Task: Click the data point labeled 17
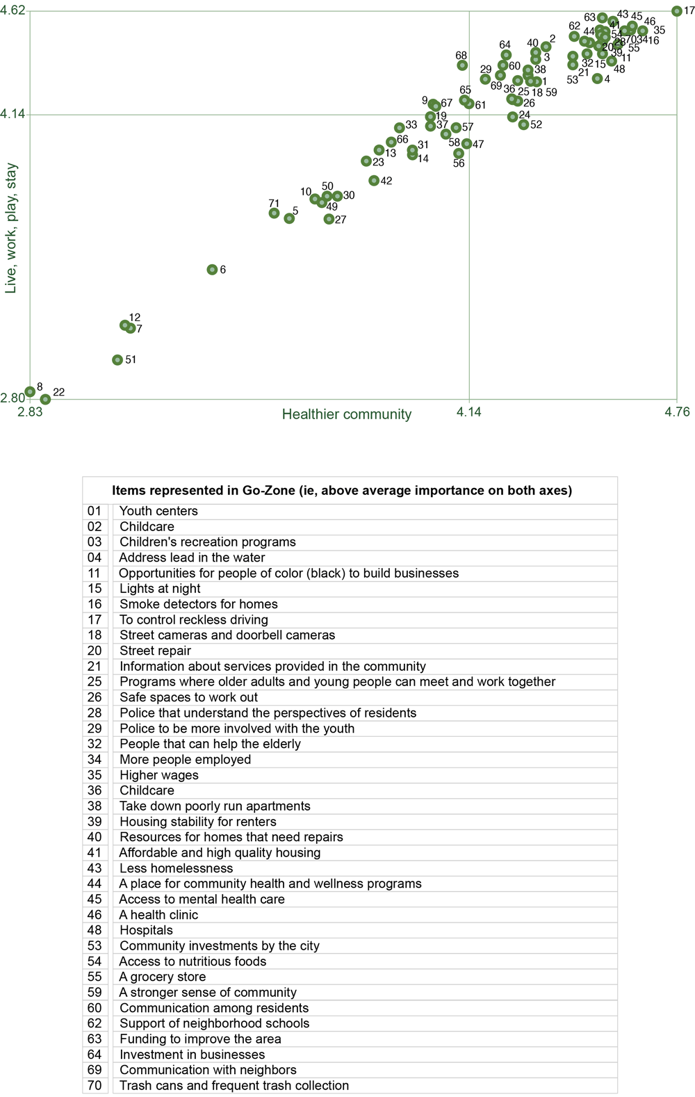676,11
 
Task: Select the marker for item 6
212,270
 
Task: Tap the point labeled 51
117,360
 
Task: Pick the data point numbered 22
45,400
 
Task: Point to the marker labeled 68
462,65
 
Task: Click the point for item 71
275,213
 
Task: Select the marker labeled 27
329,220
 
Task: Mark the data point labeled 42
374,181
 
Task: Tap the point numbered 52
523,125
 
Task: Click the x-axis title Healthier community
347,415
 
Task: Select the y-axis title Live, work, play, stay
11,228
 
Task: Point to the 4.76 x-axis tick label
677,412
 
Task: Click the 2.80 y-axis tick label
13,398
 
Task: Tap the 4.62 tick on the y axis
13,11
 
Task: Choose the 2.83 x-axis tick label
30,412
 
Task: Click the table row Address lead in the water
192,558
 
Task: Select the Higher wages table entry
159,775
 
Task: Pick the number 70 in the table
95,1086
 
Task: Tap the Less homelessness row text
177,868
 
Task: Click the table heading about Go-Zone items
342,491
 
